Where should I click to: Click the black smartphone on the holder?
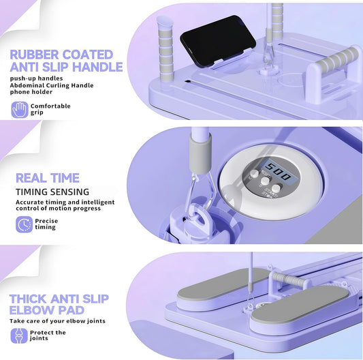point(217,41)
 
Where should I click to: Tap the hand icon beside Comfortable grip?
point(20,109)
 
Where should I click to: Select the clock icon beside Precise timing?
point(24,224)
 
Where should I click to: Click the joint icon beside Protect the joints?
point(19,335)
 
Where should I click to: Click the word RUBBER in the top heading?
point(34,55)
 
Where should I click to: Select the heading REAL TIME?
point(48,178)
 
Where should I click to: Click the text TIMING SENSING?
point(52,192)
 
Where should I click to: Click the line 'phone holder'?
point(31,92)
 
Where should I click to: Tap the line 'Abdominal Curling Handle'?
point(52,85)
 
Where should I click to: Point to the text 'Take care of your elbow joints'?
point(57,321)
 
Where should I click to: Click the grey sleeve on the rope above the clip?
point(200,154)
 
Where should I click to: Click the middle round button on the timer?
point(265,181)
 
